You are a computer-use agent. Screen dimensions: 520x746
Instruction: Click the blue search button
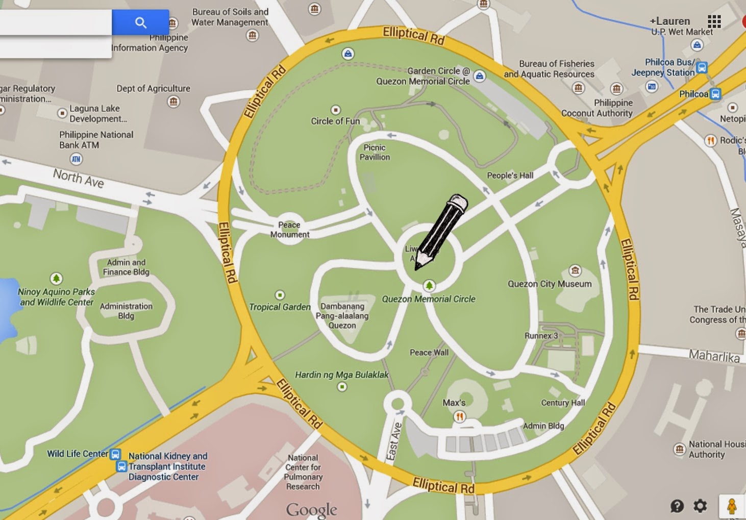(x=140, y=22)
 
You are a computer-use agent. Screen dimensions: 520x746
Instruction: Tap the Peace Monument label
(x=289, y=230)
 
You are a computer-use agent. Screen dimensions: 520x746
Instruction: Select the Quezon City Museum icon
(x=575, y=270)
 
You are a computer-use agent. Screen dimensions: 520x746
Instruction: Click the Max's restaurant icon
(x=459, y=417)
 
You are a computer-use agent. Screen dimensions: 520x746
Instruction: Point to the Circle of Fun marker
(x=335, y=110)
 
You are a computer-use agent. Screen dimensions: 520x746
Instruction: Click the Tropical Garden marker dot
(x=280, y=295)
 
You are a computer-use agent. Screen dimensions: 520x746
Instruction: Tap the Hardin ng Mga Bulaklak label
(x=341, y=375)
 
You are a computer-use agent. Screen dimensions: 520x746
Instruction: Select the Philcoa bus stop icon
(x=715, y=94)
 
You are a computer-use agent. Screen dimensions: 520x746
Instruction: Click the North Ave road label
(x=79, y=178)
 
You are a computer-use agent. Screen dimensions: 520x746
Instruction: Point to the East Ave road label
(x=393, y=441)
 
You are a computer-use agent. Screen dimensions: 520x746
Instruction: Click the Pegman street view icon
(x=732, y=506)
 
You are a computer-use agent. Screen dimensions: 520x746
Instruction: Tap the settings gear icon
(x=700, y=506)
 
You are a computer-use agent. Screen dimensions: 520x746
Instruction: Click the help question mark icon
(x=677, y=506)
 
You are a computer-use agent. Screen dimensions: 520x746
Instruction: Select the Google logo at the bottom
(x=311, y=509)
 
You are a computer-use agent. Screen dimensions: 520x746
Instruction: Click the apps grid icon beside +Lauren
(x=714, y=21)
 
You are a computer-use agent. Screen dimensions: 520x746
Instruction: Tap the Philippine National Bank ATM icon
(x=76, y=159)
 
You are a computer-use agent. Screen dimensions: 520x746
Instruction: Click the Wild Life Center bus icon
(x=116, y=454)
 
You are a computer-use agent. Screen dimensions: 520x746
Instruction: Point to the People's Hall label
(x=510, y=176)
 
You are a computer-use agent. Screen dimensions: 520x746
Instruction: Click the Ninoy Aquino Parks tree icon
(x=56, y=278)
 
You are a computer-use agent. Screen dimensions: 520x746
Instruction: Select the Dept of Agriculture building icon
(x=173, y=102)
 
